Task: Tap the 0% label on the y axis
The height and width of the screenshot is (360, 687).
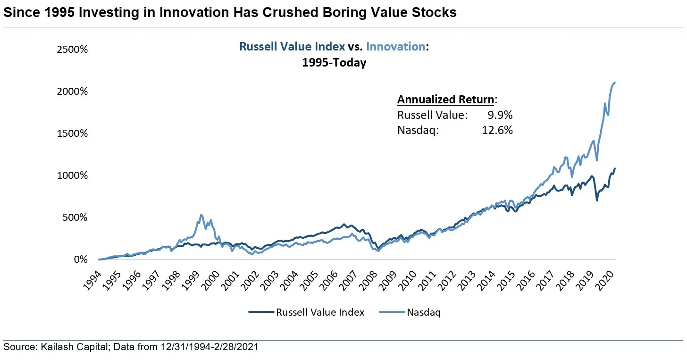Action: pos(80,260)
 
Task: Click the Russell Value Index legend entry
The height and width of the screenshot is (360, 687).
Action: pos(307,312)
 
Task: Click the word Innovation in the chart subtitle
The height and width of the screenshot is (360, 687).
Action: pos(395,47)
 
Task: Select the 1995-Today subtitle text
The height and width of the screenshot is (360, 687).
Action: pos(334,63)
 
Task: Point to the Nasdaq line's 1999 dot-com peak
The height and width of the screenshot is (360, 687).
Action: pos(201,215)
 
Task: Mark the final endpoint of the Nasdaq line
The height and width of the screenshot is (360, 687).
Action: pos(615,83)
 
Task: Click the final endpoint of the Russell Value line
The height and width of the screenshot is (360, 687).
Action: pos(615,168)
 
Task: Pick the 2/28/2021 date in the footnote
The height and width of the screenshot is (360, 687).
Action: pos(238,347)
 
